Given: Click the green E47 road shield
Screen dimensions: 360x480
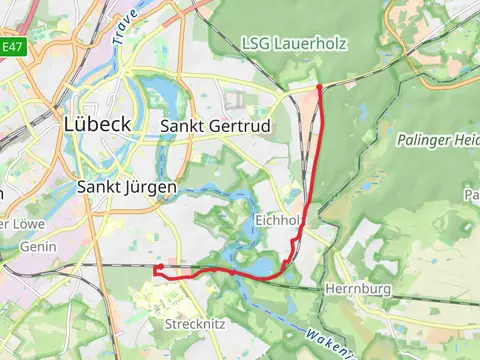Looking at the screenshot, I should pyautogui.click(x=12, y=46).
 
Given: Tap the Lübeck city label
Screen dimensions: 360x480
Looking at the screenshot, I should pyautogui.click(x=97, y=125).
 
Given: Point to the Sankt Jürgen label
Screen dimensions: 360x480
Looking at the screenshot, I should pyautogui.click(x=127, y=187).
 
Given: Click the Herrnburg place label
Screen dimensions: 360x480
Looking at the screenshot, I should pyautogui.click(x=356, y=289).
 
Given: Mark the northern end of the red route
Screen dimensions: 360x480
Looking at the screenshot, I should pyautogui.click(x=319, y=87).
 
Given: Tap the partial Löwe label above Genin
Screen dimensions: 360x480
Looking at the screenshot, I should pyautogui.click(x=14, y=222).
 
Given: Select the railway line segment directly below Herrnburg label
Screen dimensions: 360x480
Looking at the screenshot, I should pyautogui.click(x=356, y=303).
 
